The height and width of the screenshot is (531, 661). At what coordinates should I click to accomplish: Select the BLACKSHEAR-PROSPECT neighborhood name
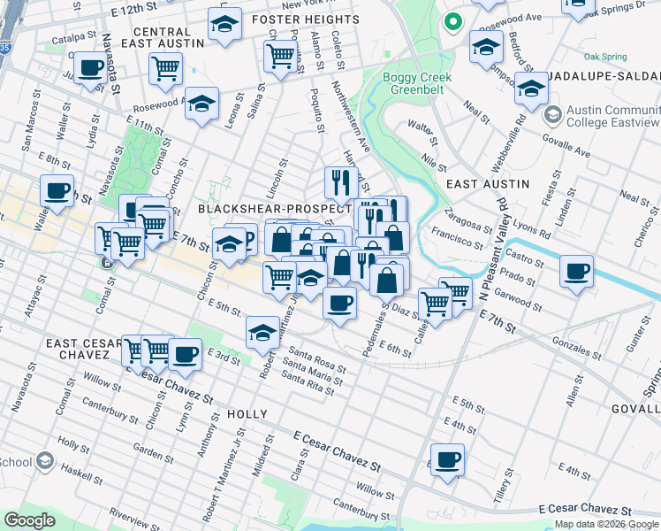(x=274, y=208)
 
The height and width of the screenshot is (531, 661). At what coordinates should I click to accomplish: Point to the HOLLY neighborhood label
(x=247, y=413)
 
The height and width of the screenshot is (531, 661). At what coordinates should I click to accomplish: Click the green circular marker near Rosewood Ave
(x=453, y=21)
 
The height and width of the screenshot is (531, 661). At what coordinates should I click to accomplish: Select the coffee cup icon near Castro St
(x=576, y=271)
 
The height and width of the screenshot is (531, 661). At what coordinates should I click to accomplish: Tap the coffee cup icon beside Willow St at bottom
(x=448, y=459)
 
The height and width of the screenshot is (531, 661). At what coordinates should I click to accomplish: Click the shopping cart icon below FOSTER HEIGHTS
(x=280, y=56)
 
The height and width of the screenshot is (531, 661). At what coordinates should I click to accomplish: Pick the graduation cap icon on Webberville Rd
(x=531, y=89)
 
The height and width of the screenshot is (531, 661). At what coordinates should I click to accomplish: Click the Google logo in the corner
(x=29, y=520)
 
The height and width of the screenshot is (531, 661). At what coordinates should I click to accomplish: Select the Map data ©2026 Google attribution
(x=605, y=525)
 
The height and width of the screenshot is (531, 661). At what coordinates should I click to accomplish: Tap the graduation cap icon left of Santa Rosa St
(x=262, y=333)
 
